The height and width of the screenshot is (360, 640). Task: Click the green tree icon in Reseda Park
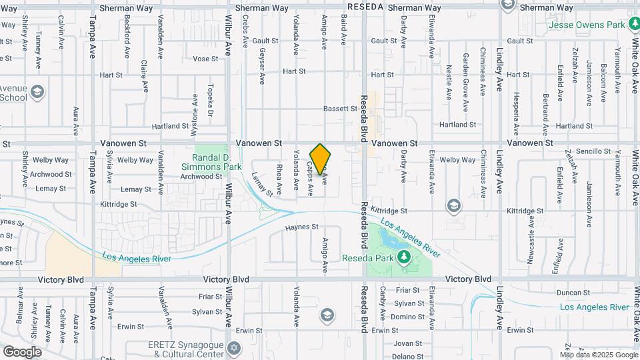click(x=404, y=257)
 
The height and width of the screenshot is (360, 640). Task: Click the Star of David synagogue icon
click(x=233, y=348)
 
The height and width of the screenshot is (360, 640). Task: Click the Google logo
click(x=22, y=351)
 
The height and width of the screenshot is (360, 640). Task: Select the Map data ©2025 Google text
click(x=598, y=353)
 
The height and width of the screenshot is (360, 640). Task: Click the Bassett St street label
click(x=341, y=109)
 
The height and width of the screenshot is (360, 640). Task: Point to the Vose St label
click(x=205, y=59)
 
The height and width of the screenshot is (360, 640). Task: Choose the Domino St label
click(x=404, y=316)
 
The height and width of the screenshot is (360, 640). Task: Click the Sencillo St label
click(x=593, y=151)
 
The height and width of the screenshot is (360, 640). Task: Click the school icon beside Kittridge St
click(x=454, y=205)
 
